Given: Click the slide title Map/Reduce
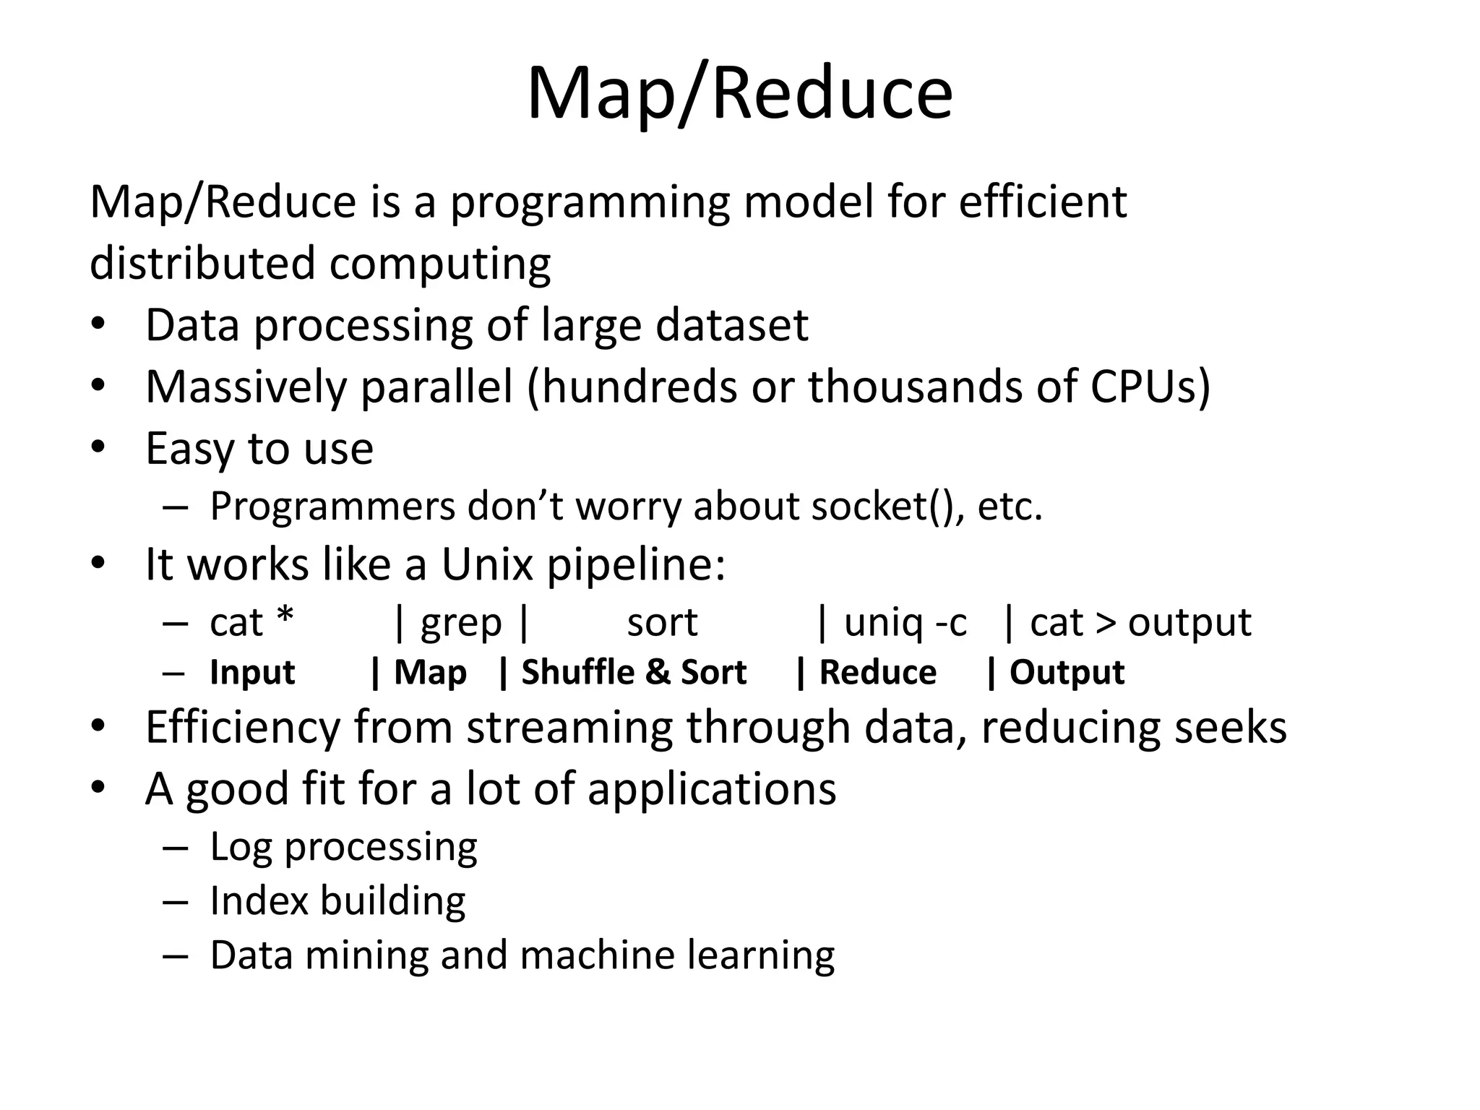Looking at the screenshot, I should click(x=739, y=94).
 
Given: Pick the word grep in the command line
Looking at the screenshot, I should click(x=461, y=623).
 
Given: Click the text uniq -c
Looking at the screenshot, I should click(x=905, y=622).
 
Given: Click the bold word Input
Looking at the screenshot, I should click(x=252, y=673).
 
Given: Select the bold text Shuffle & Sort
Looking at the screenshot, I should click(x=634, y=673).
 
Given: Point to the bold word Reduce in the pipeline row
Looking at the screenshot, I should click(x=877, y=673).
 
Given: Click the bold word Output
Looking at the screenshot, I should click(x=1067, y=673).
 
